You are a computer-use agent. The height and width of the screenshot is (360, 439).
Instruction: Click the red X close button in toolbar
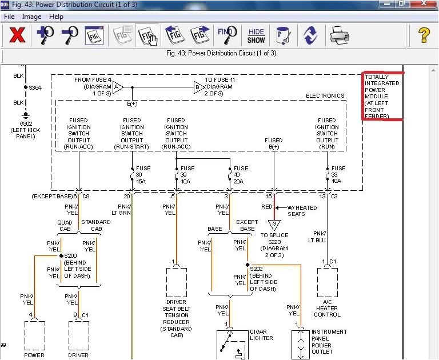(18, 35)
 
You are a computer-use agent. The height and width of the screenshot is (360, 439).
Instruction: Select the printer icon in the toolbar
(340, 35)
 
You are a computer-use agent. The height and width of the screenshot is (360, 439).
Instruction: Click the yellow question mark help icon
(424, 35)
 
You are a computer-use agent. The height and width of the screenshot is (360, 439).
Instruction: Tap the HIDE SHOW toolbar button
(256, 35)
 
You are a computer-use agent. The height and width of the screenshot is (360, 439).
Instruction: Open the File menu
(9, 17)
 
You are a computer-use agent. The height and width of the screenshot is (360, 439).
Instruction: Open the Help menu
(56, 17)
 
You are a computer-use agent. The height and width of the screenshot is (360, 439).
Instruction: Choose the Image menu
(31, 17)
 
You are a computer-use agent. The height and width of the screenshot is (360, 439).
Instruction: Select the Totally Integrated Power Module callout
(382, 96)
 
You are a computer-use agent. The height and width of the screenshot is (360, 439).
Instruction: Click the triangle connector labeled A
(117, 87)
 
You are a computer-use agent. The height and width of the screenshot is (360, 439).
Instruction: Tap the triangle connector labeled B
(198, 87)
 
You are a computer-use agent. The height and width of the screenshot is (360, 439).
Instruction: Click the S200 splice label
(71, 255)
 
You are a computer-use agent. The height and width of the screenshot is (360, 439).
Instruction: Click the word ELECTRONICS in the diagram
(325, 96)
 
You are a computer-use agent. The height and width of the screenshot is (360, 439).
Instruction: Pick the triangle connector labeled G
(274, 224)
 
